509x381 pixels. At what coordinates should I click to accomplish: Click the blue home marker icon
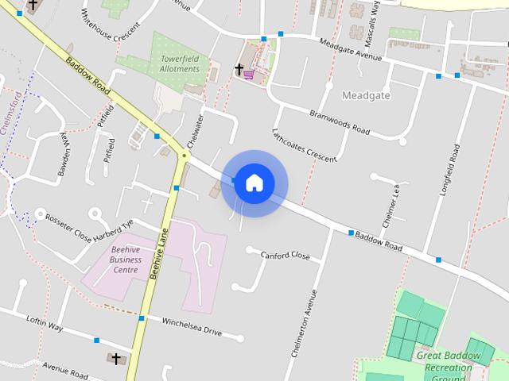tap(254, 183)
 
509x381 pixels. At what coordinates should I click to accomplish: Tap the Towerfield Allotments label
tap(179, 63)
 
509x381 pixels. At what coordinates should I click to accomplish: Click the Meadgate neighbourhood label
tap(365, 95)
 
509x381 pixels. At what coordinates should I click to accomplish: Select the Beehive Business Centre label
tap(126, 260)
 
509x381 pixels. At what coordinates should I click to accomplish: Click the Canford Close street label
tap(285, 255)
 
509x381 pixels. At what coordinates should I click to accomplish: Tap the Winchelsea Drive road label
tap(191, 326)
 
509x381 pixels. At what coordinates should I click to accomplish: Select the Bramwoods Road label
tap(340, 121)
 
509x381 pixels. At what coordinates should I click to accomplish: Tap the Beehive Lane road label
tap(159, 252)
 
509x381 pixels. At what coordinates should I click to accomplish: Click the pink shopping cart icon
tap(250, 74)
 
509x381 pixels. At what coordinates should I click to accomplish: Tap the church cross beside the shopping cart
tap(238, 70)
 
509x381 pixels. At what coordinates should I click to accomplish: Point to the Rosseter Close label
tap(69, 221)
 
